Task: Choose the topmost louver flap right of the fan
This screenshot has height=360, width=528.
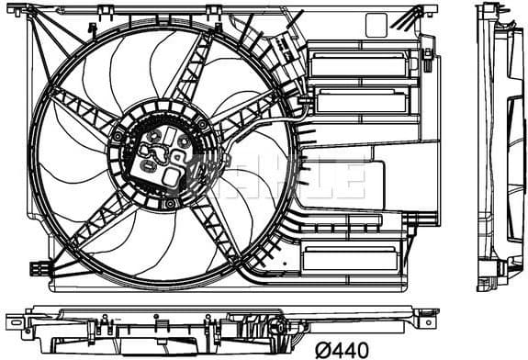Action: coord(354,65)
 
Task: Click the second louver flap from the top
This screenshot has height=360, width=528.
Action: coord(354,101)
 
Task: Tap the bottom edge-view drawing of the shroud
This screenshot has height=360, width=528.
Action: coord(220,324)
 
